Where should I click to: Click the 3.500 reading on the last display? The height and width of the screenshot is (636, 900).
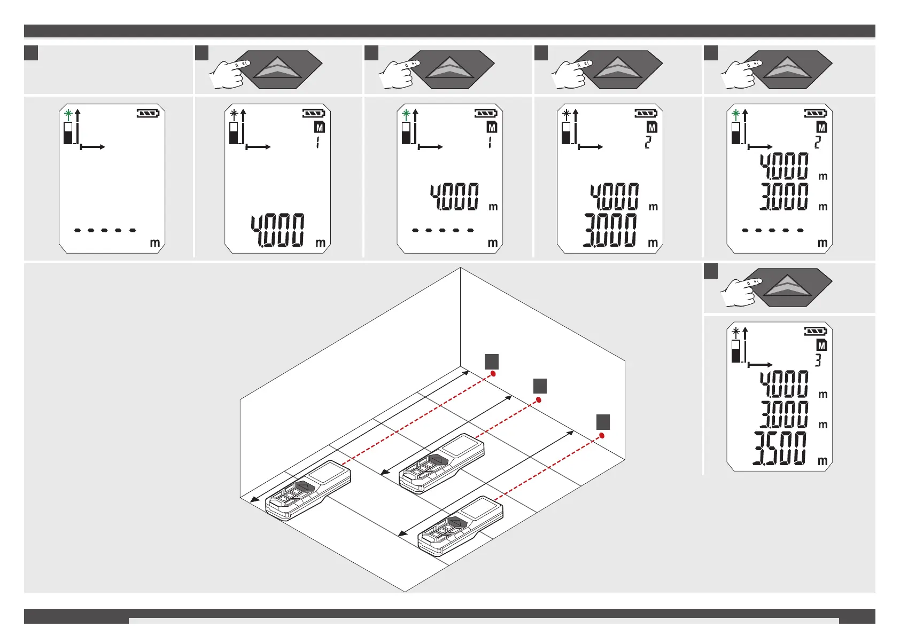pyautogui.click(x=780, y=448)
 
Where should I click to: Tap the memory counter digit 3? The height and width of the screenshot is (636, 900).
pyautogui.click(x=818, y=360)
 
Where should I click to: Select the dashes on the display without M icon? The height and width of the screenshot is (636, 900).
pyautogui.click(x=105, y=230)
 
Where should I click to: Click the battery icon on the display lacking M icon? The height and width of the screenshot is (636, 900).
pyautogui.click(x=148, y=113)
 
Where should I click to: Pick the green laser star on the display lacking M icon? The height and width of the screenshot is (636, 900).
pyautogui.click(x=68, y=113)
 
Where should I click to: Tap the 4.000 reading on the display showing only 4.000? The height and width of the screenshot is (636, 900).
pyautogui.click(x=278, y=230)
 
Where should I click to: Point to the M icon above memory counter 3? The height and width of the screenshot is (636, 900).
pyautogui.click(x=821, y=346)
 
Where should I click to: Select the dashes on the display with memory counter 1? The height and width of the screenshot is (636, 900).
pyautogui.click(x=443, y=230)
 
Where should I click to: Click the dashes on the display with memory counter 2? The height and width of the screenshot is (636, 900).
pyautogui.click(x=773, y=230)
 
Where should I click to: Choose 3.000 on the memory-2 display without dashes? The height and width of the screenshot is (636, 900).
pyautogui.click(x=611, y=230)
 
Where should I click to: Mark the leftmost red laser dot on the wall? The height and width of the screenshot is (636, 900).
pyautogui.click(x=493, y=374)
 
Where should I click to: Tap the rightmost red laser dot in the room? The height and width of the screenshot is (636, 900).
pyautogui.click(x=602, y=436)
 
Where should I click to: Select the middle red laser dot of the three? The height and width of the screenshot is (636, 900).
pyautogui.click(x=539, y=399)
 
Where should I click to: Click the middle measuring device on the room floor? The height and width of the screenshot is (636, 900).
pyautogui.click(x=441, y=463)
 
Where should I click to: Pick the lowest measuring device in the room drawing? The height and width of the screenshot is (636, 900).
pyautogui.click(x=460, y=526)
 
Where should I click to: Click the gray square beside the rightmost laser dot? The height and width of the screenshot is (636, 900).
pyautogui.click(x=603, y=422)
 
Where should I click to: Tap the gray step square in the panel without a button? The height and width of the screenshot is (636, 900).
pyautogui.click(x=32, y=53)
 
